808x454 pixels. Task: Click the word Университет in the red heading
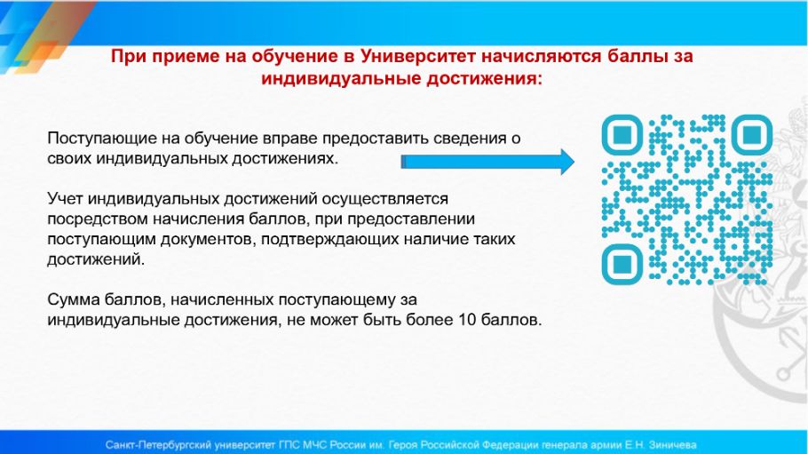418,56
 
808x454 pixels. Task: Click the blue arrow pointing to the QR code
487,162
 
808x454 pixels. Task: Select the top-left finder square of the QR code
622,135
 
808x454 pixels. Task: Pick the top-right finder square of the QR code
752,135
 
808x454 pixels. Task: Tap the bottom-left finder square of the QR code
622,265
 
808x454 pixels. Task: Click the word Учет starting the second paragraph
65,199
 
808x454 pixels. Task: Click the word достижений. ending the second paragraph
96,259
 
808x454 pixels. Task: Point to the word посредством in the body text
98,219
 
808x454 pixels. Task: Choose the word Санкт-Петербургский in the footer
158,445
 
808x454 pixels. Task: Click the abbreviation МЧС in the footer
315,445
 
